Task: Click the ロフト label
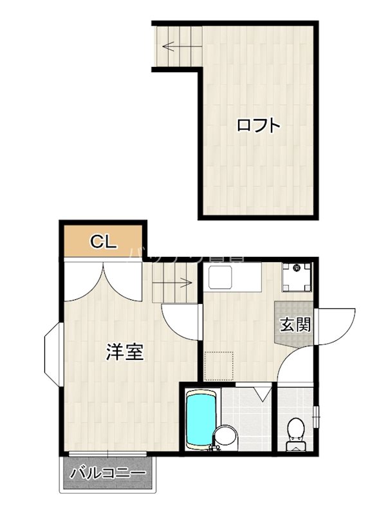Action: (258, 125)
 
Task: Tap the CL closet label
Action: (103, 242)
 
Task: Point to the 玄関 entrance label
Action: (295, 324)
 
